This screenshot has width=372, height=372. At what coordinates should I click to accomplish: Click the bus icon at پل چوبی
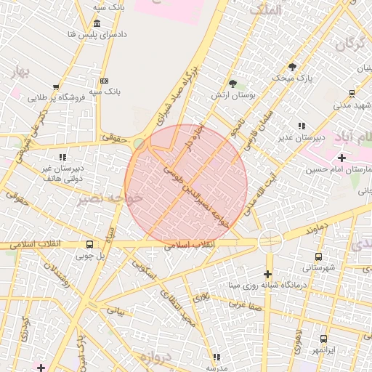(89, 244)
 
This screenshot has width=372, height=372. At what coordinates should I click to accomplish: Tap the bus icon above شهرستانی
(318, 256)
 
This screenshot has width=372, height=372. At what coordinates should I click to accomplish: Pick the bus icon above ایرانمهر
(323, 339)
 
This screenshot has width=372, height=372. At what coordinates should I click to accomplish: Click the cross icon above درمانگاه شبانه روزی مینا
(268, 274)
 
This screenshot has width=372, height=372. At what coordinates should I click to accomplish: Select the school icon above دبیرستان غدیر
(302, 126)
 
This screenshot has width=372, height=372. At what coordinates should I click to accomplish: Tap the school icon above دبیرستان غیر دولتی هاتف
(62, 156)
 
